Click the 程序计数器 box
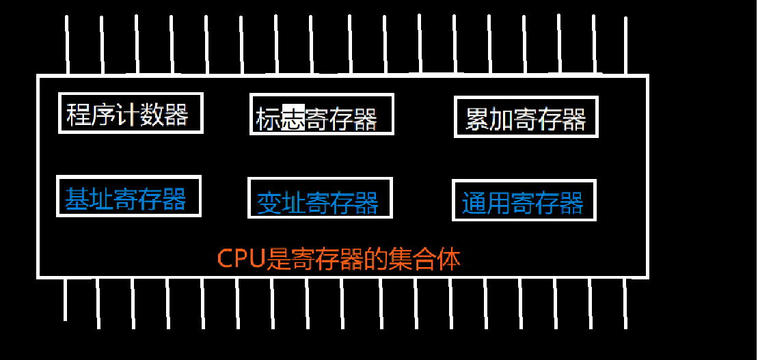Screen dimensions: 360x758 pyautogui.click(x=131, y=113)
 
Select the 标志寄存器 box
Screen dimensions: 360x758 pyautogui.click(x=321, y=114)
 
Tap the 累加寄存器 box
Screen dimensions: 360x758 pyautogui.click(x=526, y=117)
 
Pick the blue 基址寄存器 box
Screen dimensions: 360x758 pyautogui.click(x=128, y=197)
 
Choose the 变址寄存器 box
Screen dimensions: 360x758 pyautogui.click(x=320, y=198)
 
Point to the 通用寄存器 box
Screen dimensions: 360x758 pyautogui.click(x=524, y=200)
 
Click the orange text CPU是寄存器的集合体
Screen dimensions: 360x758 pyautogui.click(x=339, y=260)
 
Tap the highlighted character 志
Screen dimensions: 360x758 pyautogui.click(x=293, y=118)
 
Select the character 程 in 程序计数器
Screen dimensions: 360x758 pyautogui.click(x=79, y=114)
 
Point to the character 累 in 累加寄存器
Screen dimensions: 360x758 pyautogui.click(x=477, y=119)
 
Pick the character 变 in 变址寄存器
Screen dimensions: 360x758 pyautogui.click(x=269, y=203)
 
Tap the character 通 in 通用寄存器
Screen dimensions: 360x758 pyautogui.click(x=474, y=203)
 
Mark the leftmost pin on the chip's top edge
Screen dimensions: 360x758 pyautogui.click(x=67, y=44)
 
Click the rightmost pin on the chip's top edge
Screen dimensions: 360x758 pyautogui.click(x=625, y=44)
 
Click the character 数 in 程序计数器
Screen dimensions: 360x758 pyautogui.click(x=151, y=114)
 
